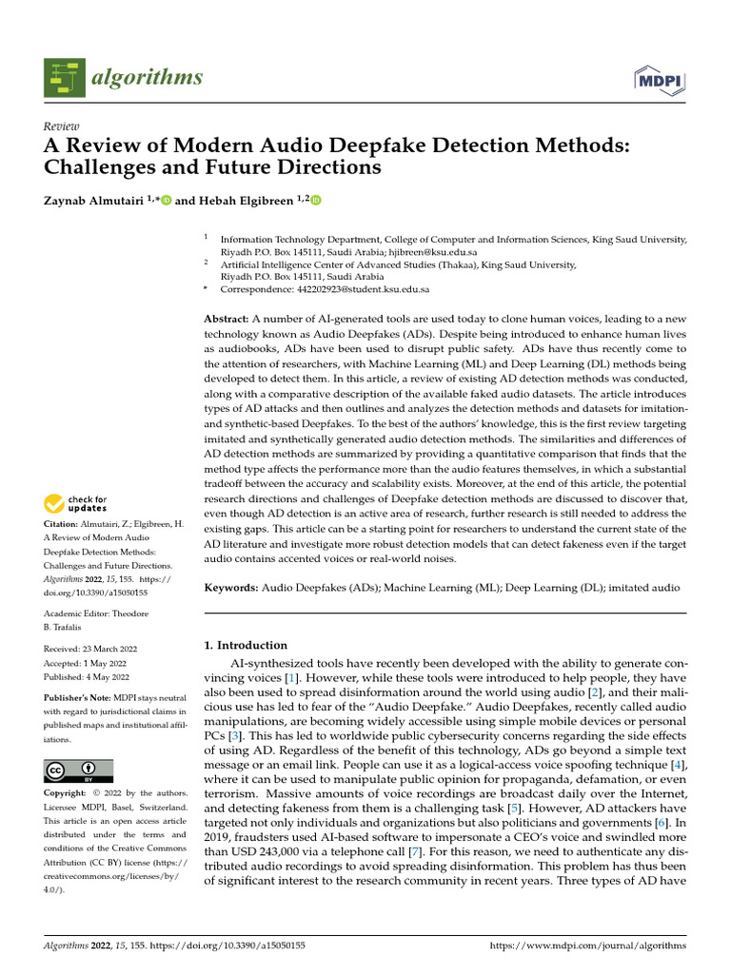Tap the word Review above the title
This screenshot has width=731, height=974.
tap(61, 127)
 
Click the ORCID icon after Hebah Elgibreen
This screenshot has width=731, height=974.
tap(316, 200)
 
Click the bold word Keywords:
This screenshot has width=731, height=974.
tap(231, 589)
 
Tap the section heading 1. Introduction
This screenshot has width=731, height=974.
tap(246, 644)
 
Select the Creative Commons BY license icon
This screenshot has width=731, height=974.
tap(78, 769)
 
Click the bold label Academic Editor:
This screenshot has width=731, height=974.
tap(78, 614)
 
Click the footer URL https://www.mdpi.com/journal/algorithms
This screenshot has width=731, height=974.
tap(586, 946)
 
